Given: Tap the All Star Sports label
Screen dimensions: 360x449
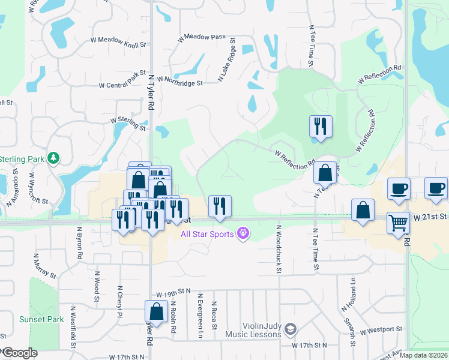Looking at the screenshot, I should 208,233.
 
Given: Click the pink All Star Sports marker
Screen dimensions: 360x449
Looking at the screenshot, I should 243,232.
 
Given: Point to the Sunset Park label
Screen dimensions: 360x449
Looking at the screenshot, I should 41,319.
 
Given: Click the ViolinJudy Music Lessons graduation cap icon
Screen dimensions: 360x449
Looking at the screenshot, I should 291,329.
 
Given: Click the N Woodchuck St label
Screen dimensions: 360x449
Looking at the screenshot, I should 279,249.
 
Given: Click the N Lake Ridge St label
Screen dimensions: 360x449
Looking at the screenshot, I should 226,62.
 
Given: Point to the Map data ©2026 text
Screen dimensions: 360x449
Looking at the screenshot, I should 423,355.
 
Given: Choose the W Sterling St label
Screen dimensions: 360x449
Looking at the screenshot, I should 128,123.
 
